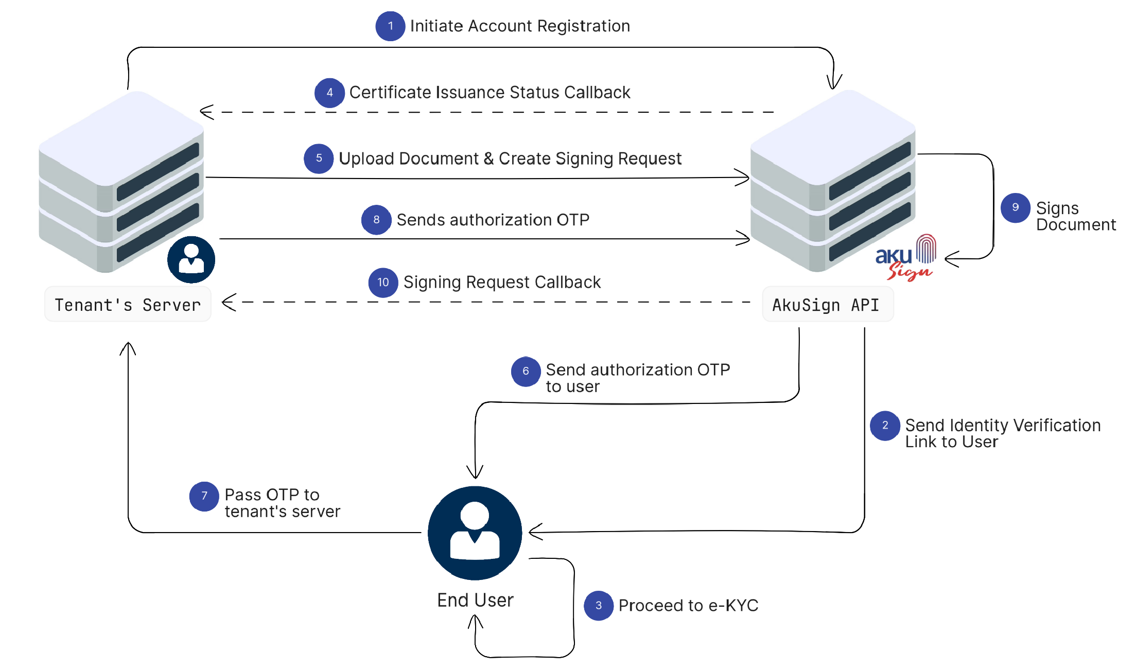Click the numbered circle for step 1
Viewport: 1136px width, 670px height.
coord(390,26)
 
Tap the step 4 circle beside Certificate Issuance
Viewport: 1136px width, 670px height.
coord(329,93)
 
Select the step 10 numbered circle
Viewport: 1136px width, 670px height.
coord(383,283)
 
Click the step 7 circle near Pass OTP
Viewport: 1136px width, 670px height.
coord(204,496)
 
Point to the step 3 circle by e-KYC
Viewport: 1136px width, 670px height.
coord(598,606)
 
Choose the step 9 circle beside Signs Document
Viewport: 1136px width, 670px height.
coord(1015,208)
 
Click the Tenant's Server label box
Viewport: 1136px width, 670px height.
coord(128,305)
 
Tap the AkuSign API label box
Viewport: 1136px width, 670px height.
coord(827,305)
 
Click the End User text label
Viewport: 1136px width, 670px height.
coord(475,600)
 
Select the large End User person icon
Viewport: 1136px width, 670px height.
coord(475,533)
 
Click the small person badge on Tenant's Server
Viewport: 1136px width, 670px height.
coord(191,260)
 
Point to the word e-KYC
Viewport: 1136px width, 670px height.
coord(733,606)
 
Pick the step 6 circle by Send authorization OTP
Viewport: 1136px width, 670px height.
coord(526,371)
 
